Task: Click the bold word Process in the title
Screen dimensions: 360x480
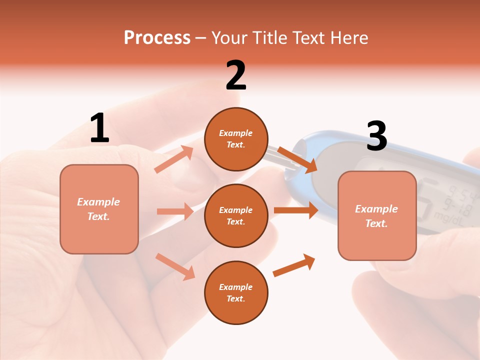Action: (x=157, y=38)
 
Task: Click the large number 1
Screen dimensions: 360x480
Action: (x=99, y=128)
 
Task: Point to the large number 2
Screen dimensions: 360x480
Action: (x=236, y=75)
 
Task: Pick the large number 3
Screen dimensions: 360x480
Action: (x=376, y=136)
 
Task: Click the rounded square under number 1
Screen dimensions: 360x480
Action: (x=99, y=209)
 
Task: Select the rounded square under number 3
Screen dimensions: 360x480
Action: (x=377, y=215)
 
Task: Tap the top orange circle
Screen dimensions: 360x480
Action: (x=236, y=138)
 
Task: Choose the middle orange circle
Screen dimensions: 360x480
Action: (x=236, y=215)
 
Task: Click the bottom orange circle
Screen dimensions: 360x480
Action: (x=236, y=292)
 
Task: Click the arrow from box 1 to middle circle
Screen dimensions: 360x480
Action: (x=175, y=211)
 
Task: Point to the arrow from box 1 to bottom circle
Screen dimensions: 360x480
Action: (x=175, y=266)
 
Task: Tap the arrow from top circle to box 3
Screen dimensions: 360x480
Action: (x=297, y=159)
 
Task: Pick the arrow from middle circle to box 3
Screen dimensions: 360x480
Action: (x=295, y=210)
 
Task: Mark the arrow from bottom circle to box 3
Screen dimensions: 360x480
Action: (x=294, y=265)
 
